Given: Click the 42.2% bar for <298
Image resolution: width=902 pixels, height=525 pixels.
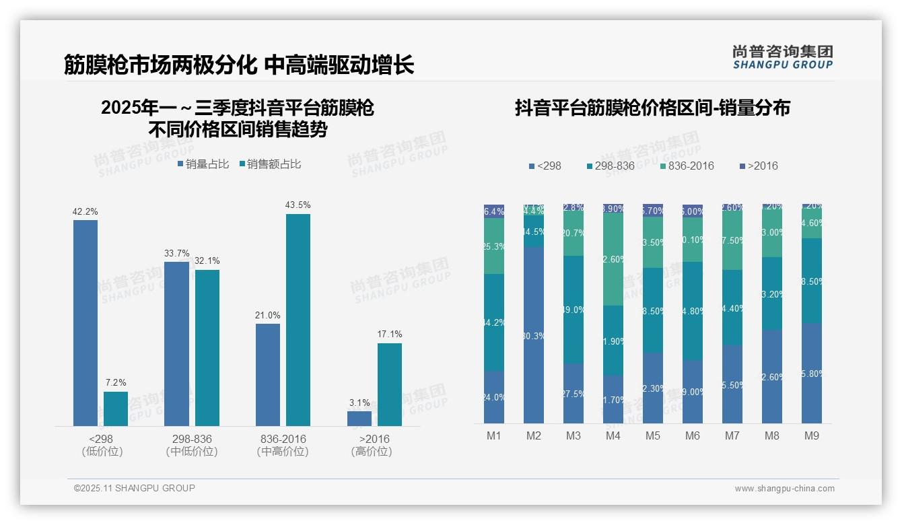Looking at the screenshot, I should tap(85, 323).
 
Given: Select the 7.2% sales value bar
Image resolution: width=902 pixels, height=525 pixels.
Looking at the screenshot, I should tap(116, 409).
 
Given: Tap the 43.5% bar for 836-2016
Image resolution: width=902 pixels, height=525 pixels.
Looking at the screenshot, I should tap(298, 320).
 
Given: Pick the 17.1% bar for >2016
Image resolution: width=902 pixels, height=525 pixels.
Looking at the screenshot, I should tap(390, 384).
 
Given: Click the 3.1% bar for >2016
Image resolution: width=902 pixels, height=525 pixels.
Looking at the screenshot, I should tap(359, 419).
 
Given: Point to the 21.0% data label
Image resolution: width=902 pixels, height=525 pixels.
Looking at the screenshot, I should tap(268, 316).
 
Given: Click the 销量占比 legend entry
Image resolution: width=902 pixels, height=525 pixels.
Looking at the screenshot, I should tap(203, 164).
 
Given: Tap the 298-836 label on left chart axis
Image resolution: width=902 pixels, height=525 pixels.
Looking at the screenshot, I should tap(192, 439).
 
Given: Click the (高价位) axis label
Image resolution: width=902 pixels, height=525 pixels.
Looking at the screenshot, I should tap(371, 452).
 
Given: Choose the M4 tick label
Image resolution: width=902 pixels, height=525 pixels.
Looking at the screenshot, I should tap(613, 436).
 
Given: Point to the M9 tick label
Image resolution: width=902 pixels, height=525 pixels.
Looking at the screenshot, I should tap(812, 436).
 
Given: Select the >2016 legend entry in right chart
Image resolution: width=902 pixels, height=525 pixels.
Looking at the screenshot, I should tap(759, 166).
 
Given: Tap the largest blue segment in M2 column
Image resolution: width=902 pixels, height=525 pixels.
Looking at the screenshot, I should tap(534, 335).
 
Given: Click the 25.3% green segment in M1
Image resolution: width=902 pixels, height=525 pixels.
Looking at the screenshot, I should tap(494, 246).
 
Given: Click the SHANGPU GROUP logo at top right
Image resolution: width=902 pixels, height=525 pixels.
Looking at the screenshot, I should tap(782, 57).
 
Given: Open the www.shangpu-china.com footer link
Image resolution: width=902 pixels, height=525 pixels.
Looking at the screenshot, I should tap(784, 489).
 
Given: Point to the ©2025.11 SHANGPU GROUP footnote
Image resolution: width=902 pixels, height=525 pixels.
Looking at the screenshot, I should tap(135, 488).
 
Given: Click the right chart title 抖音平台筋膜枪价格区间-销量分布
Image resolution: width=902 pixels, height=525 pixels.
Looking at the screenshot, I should tap(652, 108).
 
